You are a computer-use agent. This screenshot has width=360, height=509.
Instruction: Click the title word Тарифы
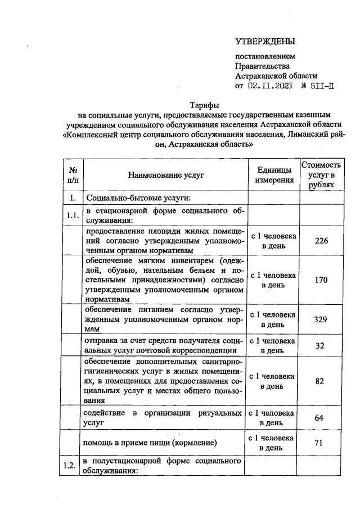click(x=204, y=105)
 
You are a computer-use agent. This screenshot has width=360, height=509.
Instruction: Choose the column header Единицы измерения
click(x=274, y=175)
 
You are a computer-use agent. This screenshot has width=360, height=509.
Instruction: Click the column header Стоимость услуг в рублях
click(x=321, y=175)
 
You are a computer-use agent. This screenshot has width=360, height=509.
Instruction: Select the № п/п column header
click(x=73, y=175)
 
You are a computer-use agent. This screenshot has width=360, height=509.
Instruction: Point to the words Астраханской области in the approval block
click(x=276, y=76)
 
